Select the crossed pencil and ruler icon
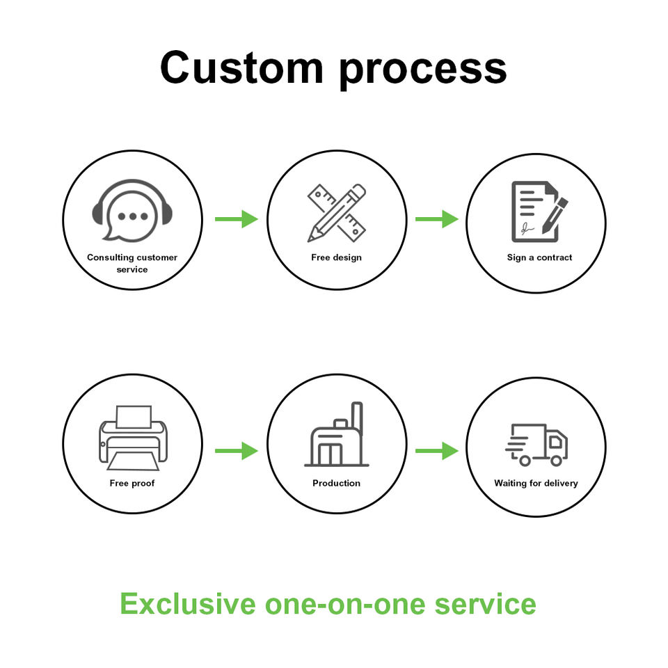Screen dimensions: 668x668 click(x=337, y=212)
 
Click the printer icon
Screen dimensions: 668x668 click(x=132, y=436)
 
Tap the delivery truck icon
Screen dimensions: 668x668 click(x=536, y=445)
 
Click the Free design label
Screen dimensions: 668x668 click(x=337, y=257)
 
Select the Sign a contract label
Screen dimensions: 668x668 click(x=539, y=257)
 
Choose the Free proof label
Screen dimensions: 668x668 click(x=132, y=483)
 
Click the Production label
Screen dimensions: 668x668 click(x=337, y=483)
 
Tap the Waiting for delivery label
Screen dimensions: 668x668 click(x=536, y=483)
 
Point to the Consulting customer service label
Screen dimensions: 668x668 click(x=132, y=263)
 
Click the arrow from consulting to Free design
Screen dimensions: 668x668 click(x=236, y=219)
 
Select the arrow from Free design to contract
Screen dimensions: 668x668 click(x=436, y=219)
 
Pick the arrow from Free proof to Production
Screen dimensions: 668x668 click(x=236, y=452)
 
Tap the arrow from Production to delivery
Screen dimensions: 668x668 click(x=436, y=452)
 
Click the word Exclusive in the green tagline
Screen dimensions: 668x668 click(x=187, y=603)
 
